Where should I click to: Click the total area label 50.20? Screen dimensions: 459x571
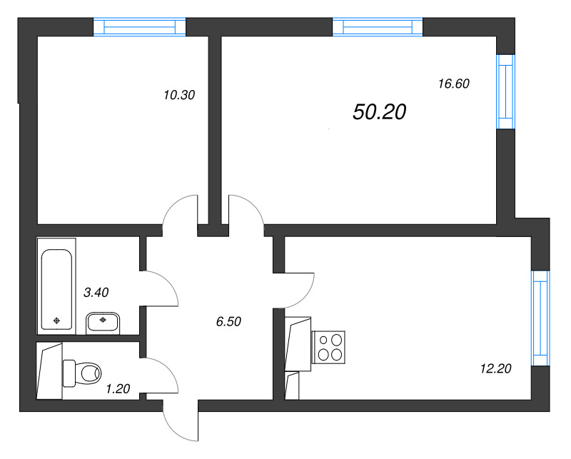[379, 111]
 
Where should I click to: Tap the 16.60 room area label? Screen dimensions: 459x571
[453, 84]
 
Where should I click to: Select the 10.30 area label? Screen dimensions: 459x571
[179, 94]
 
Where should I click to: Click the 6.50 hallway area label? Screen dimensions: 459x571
[228, 321]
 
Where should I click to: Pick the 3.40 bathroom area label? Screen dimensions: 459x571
[96, 291]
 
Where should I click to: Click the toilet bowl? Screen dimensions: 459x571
[84, 371]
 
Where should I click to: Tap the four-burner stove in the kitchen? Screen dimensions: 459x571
[330, 347]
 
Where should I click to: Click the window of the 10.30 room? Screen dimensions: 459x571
[140, 27]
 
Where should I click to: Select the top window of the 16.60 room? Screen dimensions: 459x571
[378, 27]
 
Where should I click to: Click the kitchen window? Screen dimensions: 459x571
[540, 318]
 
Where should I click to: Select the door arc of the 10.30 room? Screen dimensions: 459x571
[180, 211]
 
